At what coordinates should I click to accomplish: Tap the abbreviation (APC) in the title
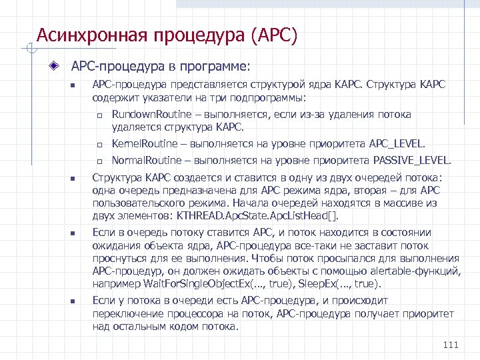[275, 35]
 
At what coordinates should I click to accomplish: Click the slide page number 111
[451, 345]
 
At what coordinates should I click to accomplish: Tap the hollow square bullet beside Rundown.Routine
[97, 115]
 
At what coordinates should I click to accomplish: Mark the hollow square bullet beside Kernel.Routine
[97, 145]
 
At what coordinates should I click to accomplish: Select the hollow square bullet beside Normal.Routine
[97, 161]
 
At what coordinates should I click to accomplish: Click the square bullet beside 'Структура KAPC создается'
[74, 179]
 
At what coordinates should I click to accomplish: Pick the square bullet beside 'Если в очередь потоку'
[74, 234]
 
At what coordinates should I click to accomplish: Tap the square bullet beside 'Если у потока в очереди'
[74, 302]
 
